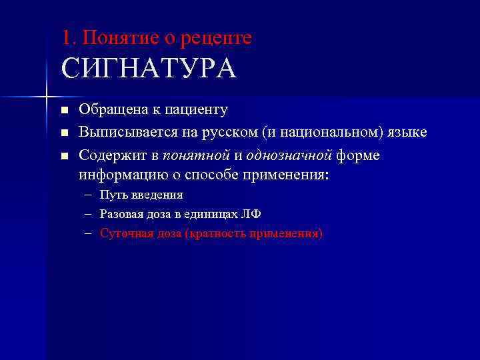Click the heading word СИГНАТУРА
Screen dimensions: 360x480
tap(149, 69)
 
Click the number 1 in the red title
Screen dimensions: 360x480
tap(65, 37)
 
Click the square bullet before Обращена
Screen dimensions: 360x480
tap(64, 110)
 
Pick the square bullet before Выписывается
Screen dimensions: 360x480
tap(64, 133)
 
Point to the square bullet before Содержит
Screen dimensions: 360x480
tap(64, 156)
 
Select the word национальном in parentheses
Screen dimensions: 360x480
tap(328, 133)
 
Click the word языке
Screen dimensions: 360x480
tap(407, 133)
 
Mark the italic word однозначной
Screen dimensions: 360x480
tap(289, 155)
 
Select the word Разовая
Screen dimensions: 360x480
tap(121, 214)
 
